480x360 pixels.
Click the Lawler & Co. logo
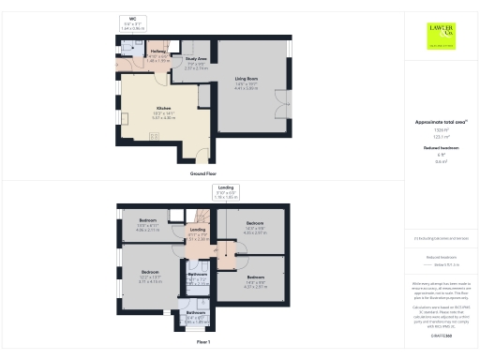442,37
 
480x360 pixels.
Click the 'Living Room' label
246,80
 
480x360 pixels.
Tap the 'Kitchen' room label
164,109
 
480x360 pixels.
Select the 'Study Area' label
196,61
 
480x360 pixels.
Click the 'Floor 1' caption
203,343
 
